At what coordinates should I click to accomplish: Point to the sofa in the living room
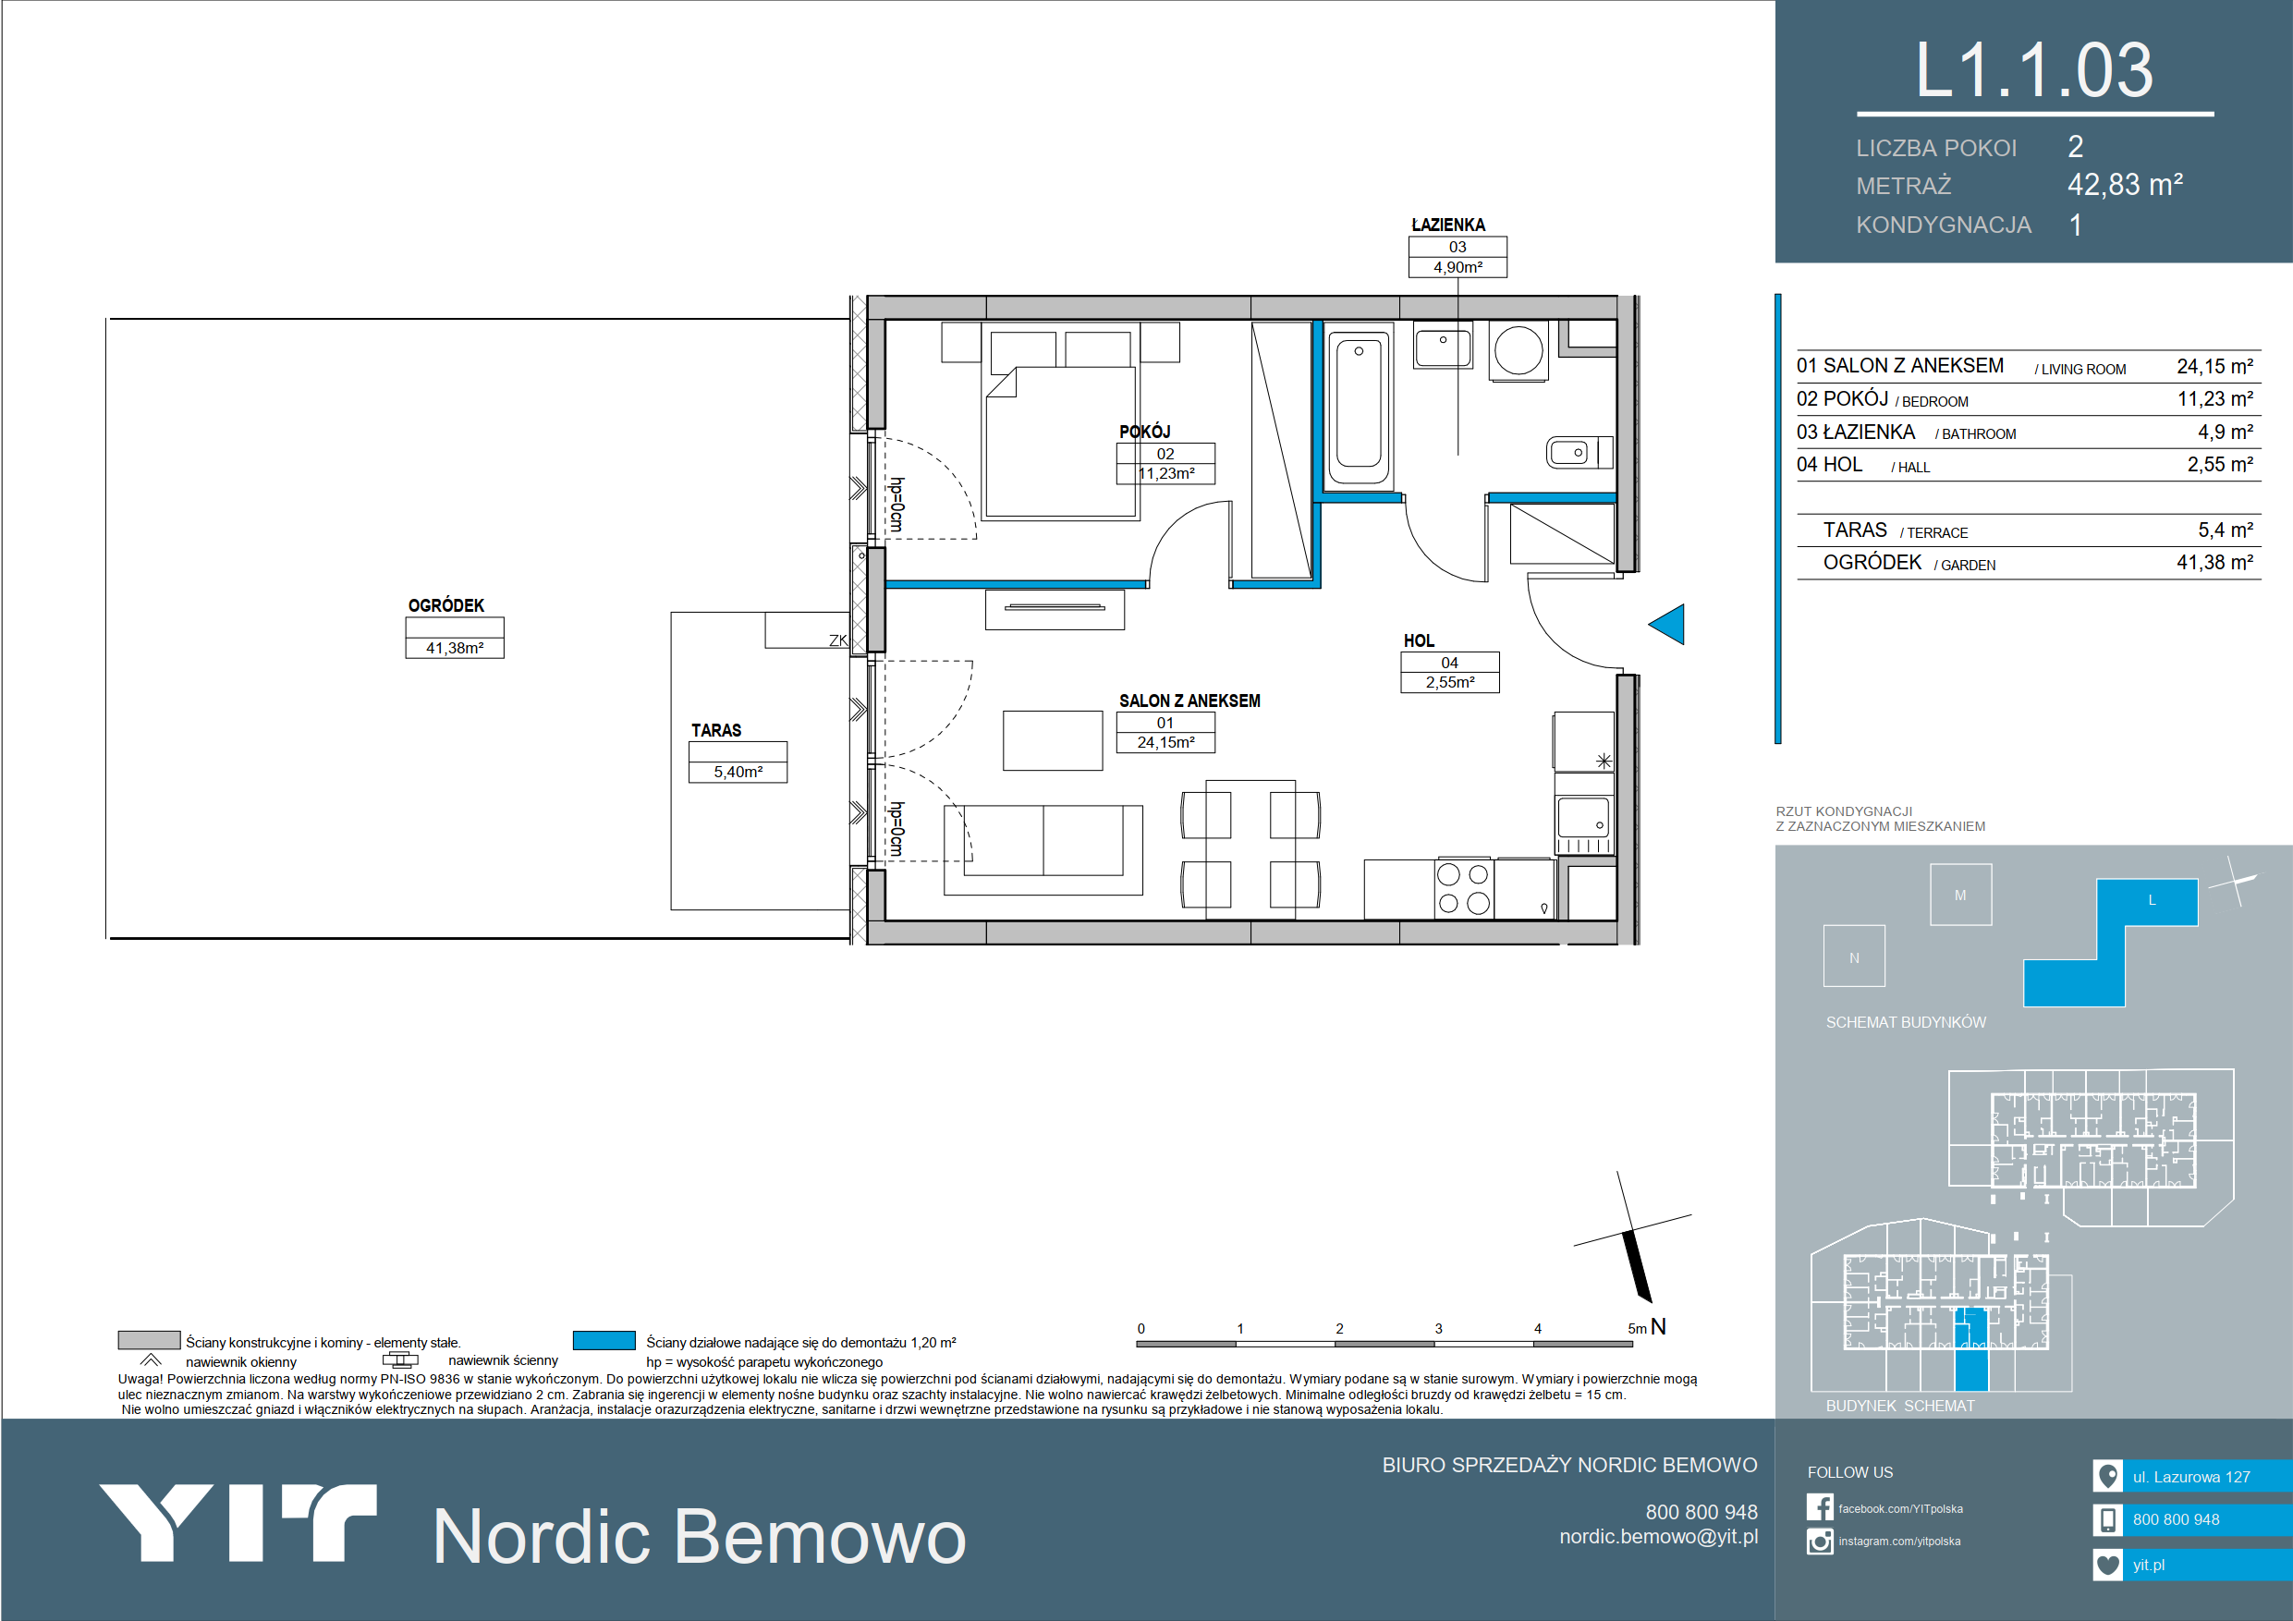[1043, 849]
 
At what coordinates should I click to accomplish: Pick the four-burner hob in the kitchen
[1463, 888]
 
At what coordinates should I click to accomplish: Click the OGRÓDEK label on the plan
[446, 605]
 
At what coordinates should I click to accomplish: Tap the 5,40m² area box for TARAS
[738, 772]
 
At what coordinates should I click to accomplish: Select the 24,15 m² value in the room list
[2215, 367]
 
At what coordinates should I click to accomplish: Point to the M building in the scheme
[1960, 895]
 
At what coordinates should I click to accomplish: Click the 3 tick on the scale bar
[1438, 1328]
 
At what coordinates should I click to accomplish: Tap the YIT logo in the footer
[238, 1522]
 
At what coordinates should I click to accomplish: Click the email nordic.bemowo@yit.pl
[1658, 1537]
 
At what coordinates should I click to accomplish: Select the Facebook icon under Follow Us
[1820, 1507]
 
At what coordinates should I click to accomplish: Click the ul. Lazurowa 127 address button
[2192, 1476]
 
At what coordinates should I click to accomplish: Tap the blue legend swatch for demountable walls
[604, 1340]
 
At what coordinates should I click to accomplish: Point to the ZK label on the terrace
[838, 641]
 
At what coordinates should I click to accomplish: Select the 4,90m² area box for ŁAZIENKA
[1458, 268]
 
